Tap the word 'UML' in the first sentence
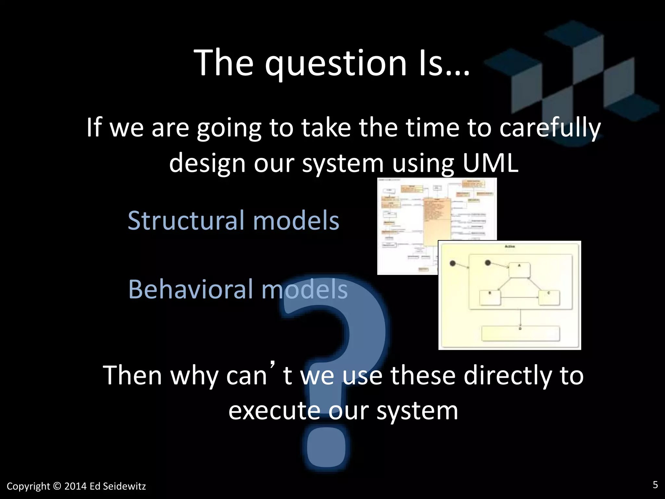pos(490,163)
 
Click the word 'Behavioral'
pos(191,289)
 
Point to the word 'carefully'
pos(550,128)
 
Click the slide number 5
pos(655,485)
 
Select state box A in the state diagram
pos(519,270)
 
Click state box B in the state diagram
pos(490,298)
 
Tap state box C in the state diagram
pos(549,298)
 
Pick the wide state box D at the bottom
pos(521,334)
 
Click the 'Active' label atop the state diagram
pos(509,247)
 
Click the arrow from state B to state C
pos(519,297)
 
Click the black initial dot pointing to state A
pos(487,262)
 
